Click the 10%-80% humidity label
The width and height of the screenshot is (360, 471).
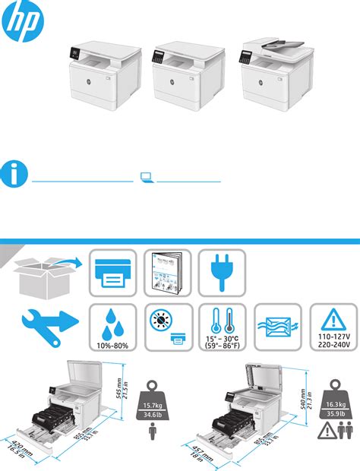click(x=113, y=346)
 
